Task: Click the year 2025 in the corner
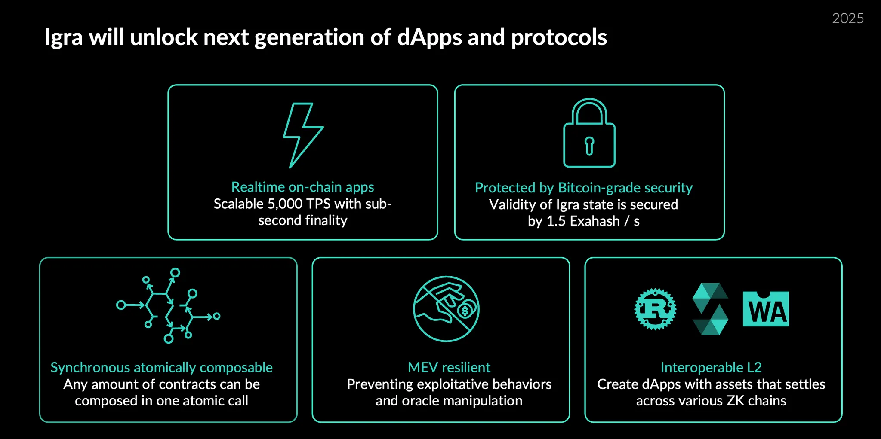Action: pyautogui.click(x=847, y=18)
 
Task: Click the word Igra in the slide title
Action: pyautogui.click(x=63, y=38)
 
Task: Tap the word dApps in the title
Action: pyautogui.click(x=430, y=38)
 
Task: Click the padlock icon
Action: pyautogui.click(x=589, y=133)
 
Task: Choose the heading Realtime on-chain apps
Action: pyautogui.click(x=302, y=187)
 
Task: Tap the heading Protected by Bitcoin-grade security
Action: pyautogui.click(x=584, y=188)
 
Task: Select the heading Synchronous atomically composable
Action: pyautogui.click(x=161, y=367)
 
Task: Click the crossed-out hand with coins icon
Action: pyautogui.click(x=446, y=308)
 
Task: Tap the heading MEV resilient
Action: pyautogui.click(x=449, y=367)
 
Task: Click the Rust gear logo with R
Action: pyautogui.click(x=655, y=309)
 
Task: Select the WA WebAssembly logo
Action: pyautogui.click(x=765, y=309)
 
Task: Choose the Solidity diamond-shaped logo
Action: pyautogui.click(x=710, y=309)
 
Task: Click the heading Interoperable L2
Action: pyautogui.click(x=711, y=367)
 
